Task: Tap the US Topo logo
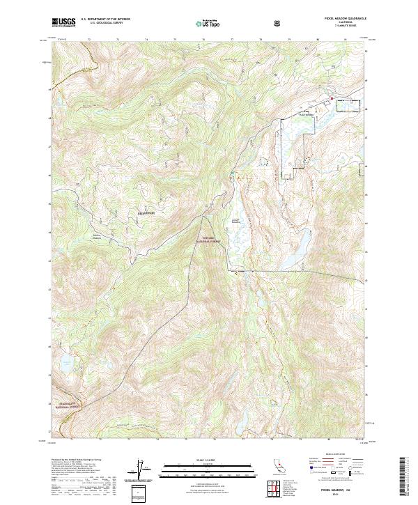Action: [210, 23]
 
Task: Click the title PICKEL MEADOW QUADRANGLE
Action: [339, 20]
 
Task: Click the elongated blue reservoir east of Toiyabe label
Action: [296, 249]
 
